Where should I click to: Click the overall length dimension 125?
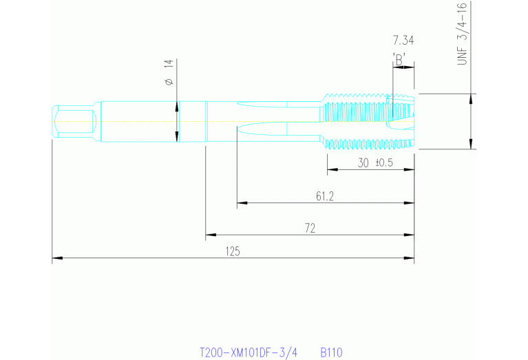(233, 252)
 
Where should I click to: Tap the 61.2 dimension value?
(325, 197)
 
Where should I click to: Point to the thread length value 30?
(364, 163)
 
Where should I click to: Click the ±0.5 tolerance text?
(383, 163)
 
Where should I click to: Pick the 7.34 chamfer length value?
(403, 41)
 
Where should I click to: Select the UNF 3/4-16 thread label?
(462, 34)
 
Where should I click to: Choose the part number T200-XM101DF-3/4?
(248, 352)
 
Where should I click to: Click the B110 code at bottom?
(331, 352)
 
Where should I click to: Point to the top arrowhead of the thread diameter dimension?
(471, 97)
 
